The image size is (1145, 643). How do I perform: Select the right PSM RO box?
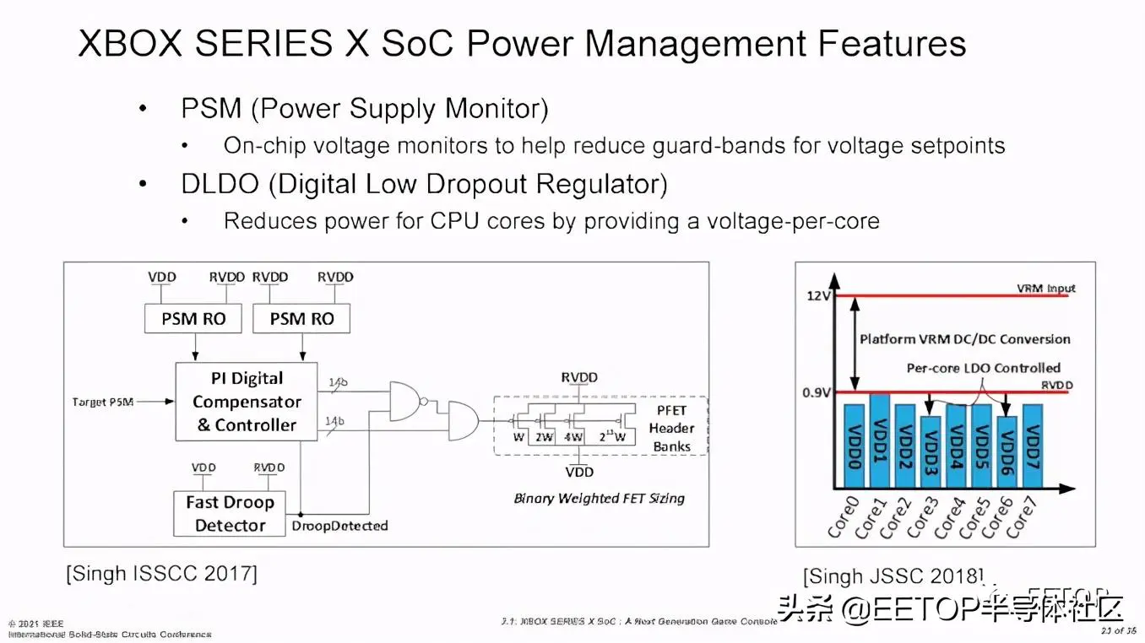tap(301, 319)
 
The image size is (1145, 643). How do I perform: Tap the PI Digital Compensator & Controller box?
tap(247, 402)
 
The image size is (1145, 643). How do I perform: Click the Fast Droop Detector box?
tap(230, 513)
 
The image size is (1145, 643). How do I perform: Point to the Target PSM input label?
tap(103, 403)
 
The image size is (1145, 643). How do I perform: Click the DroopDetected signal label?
tap(339, 526)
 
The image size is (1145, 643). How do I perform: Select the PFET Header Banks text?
tap(671, 428)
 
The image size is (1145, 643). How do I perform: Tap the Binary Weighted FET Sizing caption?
tap(599, 498)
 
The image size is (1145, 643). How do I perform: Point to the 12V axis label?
tap(817, 295)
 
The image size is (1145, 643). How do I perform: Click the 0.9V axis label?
tap(815, 392)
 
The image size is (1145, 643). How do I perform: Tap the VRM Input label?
tap(1047, 289)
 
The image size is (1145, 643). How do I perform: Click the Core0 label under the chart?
tap(843, 518)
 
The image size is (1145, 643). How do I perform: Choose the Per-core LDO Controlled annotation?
tap(983, 368)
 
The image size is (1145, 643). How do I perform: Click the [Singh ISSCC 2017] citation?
tap(161, 574)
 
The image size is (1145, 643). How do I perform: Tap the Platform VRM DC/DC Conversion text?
tap(964, 339)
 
